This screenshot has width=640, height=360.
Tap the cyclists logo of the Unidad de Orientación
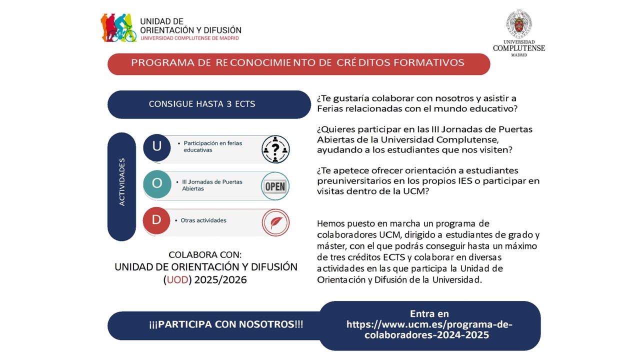118,28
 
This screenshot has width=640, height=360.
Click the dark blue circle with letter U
157,146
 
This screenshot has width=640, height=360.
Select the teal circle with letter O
157,183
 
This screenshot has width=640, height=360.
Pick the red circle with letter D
156,220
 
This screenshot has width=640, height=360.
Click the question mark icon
275,149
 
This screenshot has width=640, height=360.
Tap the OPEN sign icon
275,186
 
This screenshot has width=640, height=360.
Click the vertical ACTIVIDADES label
122,182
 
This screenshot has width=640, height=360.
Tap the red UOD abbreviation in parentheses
177,280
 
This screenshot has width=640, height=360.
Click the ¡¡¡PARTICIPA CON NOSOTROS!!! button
226,324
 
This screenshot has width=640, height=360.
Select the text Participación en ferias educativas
212,146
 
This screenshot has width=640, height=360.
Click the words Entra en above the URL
429,314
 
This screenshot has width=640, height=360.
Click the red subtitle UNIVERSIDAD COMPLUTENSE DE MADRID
190,38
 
